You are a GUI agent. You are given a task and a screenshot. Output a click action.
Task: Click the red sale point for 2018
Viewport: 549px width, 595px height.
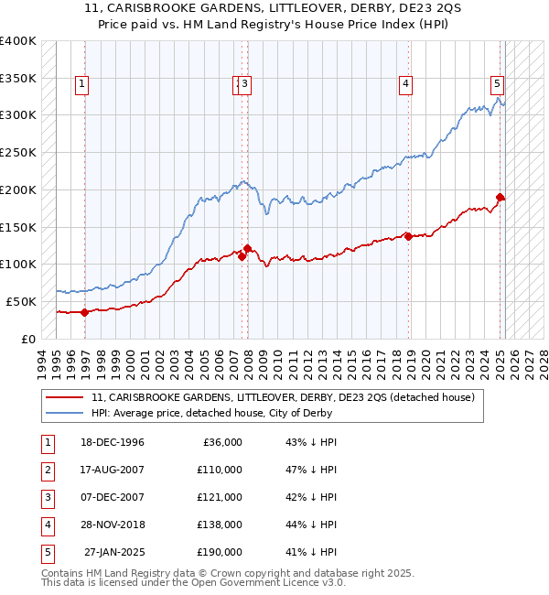pyautogui.click(x=408, y=235)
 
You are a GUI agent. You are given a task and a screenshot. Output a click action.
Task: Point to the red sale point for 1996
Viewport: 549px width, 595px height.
pyautogui.click(x=84, y=312)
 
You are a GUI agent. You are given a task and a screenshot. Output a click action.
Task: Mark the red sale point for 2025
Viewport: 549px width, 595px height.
pyautogui.click(x=501, y=197)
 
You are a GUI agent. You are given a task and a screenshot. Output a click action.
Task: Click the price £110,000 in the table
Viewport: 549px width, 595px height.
pyautogui.click(x=220, y=470)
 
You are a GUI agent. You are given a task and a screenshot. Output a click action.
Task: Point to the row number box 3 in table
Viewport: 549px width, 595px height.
pyautogui.click(x=47, y=497)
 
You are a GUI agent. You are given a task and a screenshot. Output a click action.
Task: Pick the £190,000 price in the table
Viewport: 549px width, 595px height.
pyautogui.click(x=220, y=552)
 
